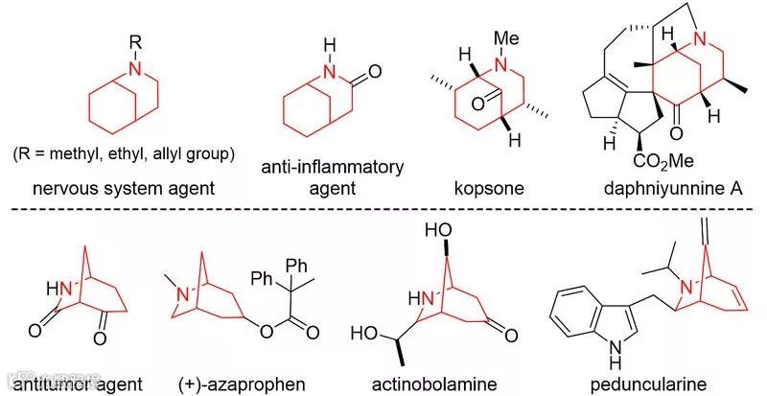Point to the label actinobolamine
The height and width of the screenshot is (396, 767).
(x=434, y=384)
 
